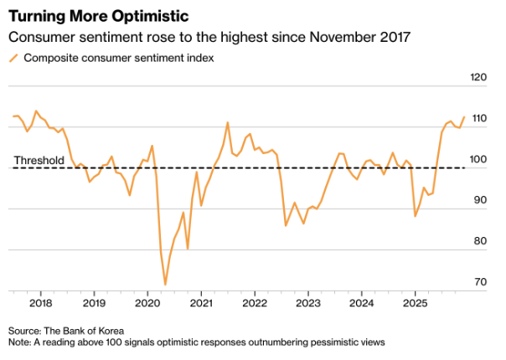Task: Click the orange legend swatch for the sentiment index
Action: tap(13, 58)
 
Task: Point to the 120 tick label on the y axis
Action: tap(478, 78)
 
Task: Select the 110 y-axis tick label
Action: tap(478, 119)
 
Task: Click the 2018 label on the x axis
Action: tap(40, 302)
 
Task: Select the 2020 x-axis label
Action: tap(147, 302)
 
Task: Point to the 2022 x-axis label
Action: tap(255, 302)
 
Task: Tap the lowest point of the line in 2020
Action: tap(165, 285)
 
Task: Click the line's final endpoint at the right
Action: tap(464, 117)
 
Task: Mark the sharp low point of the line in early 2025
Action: tap(416, 216)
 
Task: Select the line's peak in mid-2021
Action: tap(228, 122)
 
